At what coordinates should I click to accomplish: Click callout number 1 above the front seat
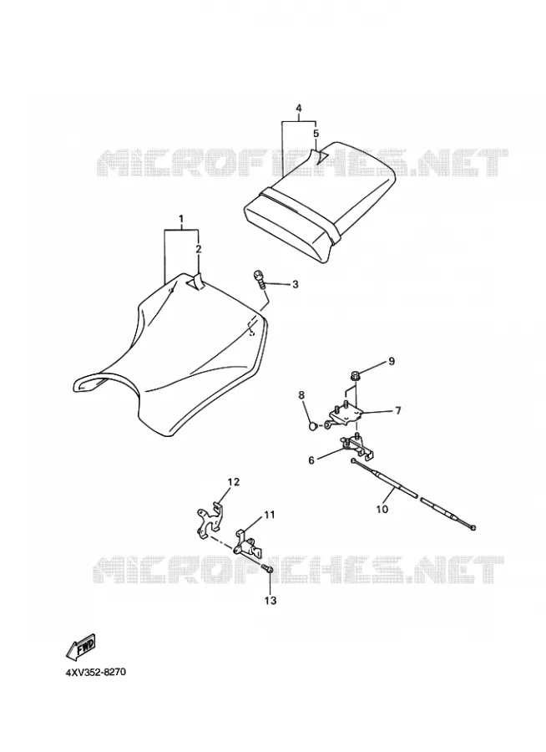[x=181, y=220]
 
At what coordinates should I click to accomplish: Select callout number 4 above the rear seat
[x=299, y=109]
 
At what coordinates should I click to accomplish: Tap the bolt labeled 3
[x=260, y=278]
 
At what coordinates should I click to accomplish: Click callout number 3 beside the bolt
[x=296, y=284]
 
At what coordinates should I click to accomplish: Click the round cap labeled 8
[x=312, y=426]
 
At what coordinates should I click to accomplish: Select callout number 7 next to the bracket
[x=398, y=410]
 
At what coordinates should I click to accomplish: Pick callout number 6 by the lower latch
[x=311, y=460]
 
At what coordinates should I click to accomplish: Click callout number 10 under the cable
[x=382, y=510]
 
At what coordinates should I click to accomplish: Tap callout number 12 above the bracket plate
[x=234, y=482]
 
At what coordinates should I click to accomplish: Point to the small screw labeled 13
[x=267, y=569]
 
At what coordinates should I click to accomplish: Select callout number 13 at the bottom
[x=270, y=601]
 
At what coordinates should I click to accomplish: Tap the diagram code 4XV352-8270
[x=95, y=672]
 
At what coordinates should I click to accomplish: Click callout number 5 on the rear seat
[x=316, y=133]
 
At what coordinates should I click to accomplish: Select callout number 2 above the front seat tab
[x=199, y=249]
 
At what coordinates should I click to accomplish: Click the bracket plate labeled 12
[x=209, y=520]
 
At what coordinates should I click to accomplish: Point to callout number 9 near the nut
[x=392, y=361]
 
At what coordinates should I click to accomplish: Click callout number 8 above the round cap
[x=301, y=395]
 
